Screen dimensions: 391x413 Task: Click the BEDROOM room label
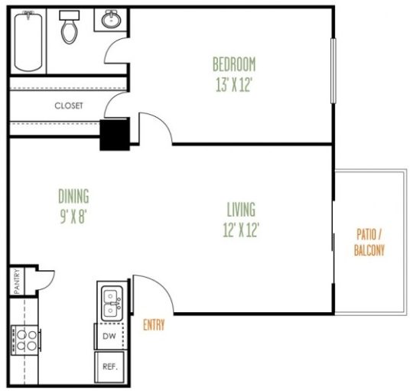coord(234,64)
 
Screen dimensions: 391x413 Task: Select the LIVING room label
coord(241,209)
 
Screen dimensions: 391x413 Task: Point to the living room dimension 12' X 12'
coord(241,229)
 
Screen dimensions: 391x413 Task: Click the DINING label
coord(73,195)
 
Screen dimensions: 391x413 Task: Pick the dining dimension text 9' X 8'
coord(73,215)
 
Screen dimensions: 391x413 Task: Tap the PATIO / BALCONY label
coord(369,242)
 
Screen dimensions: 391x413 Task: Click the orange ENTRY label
coord(154,325)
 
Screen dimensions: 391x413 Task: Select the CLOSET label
coord(68,106)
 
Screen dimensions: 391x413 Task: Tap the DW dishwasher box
coord(109,335)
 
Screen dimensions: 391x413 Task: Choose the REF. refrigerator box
coord(109,367)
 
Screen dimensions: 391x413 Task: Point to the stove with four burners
coord(23,337)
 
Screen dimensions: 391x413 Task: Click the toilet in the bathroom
coord(70,27)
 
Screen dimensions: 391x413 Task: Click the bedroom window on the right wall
coord(333,69)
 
